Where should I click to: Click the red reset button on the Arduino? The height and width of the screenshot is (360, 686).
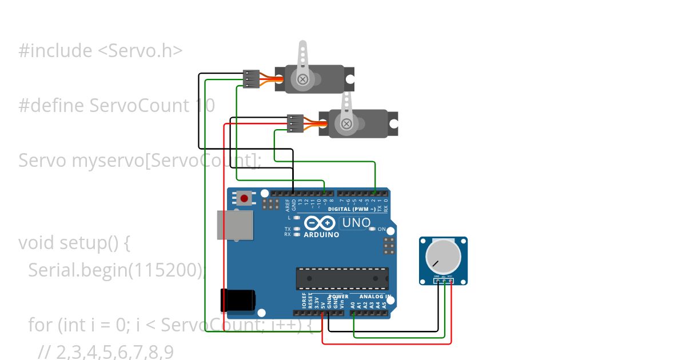tap(245, 198)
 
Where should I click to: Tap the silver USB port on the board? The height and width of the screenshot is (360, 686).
tap(234, 225)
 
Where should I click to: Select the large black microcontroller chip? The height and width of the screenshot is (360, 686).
tap(342, 278)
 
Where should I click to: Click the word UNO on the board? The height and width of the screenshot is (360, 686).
tap(357, 223)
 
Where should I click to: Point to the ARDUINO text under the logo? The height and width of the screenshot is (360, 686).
tap(321, 235)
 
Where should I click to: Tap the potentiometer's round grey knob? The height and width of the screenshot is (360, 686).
tap(443, 257)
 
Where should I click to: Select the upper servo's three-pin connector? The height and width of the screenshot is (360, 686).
tap(251, 79)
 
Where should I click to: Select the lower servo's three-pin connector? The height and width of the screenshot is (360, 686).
tap(295, 123)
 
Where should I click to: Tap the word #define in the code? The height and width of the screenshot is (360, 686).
tap(51, 106)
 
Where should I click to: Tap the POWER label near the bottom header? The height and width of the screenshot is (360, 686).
tap(338, 297)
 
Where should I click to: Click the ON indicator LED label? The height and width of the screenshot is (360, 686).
tap(381, 229)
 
